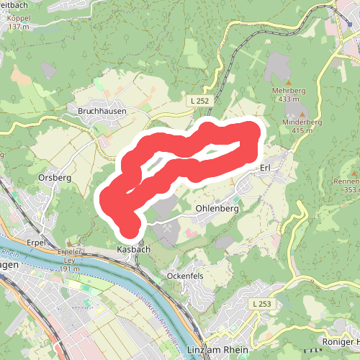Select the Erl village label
click(x=264, y=168)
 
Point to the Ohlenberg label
click(x=217, y=209)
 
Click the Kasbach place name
click(x=133, y=249)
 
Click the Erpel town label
click(x=36, y=243)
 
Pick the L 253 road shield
click(x=264, y=305)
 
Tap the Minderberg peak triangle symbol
click(x=302, y=114)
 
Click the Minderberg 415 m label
click(x=302, y=126)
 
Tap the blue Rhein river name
click(x=9, y=252)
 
